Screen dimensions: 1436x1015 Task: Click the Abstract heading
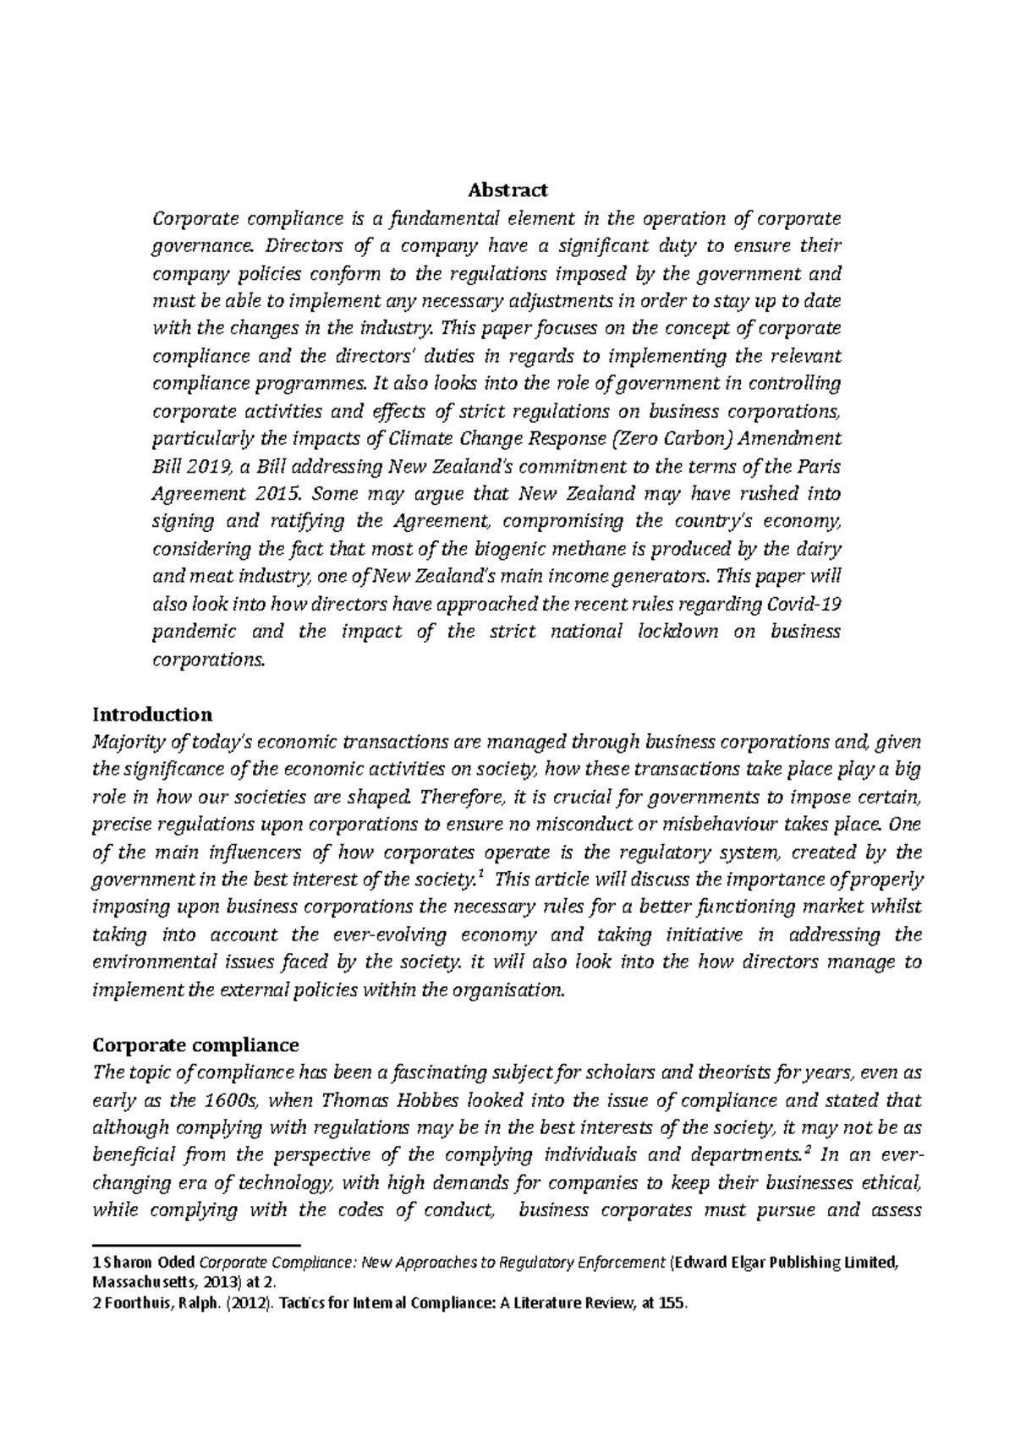point(508,189)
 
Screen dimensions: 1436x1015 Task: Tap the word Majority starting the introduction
point(129,742)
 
